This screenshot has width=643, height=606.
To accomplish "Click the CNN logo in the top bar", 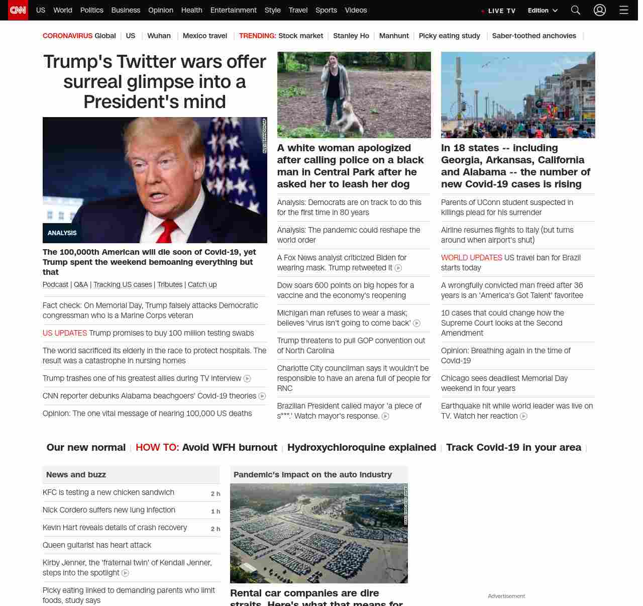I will coord(18,10).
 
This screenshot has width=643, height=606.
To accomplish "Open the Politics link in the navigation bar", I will coord(91,10).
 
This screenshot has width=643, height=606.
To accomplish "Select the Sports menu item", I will coord(326,10).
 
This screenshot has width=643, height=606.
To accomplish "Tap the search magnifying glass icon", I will coord(576,10).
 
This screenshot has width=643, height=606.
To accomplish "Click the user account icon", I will coord(600,10).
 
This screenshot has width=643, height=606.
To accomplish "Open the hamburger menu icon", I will coord(624,10).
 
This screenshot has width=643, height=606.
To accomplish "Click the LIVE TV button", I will coord(499,11).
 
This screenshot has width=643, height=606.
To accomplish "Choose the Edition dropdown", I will coord(543,11).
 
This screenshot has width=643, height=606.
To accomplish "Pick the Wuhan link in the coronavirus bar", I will coord(159,36).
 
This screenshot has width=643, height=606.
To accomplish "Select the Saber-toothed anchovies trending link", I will coord(534,36).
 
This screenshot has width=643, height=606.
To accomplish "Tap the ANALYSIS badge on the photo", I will coord(62,233).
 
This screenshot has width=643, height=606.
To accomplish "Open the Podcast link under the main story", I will coord(55,284).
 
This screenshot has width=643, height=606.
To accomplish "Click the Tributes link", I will coord(170,284).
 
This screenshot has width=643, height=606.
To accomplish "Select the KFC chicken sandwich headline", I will coord(109,492).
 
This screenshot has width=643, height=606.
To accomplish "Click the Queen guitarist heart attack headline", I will coord(97,545).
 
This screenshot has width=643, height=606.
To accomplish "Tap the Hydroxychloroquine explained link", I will coord(362,447).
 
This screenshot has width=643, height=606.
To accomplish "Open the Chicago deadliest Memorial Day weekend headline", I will coord(504,383).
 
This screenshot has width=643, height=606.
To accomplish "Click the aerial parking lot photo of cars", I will coord(318,533).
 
